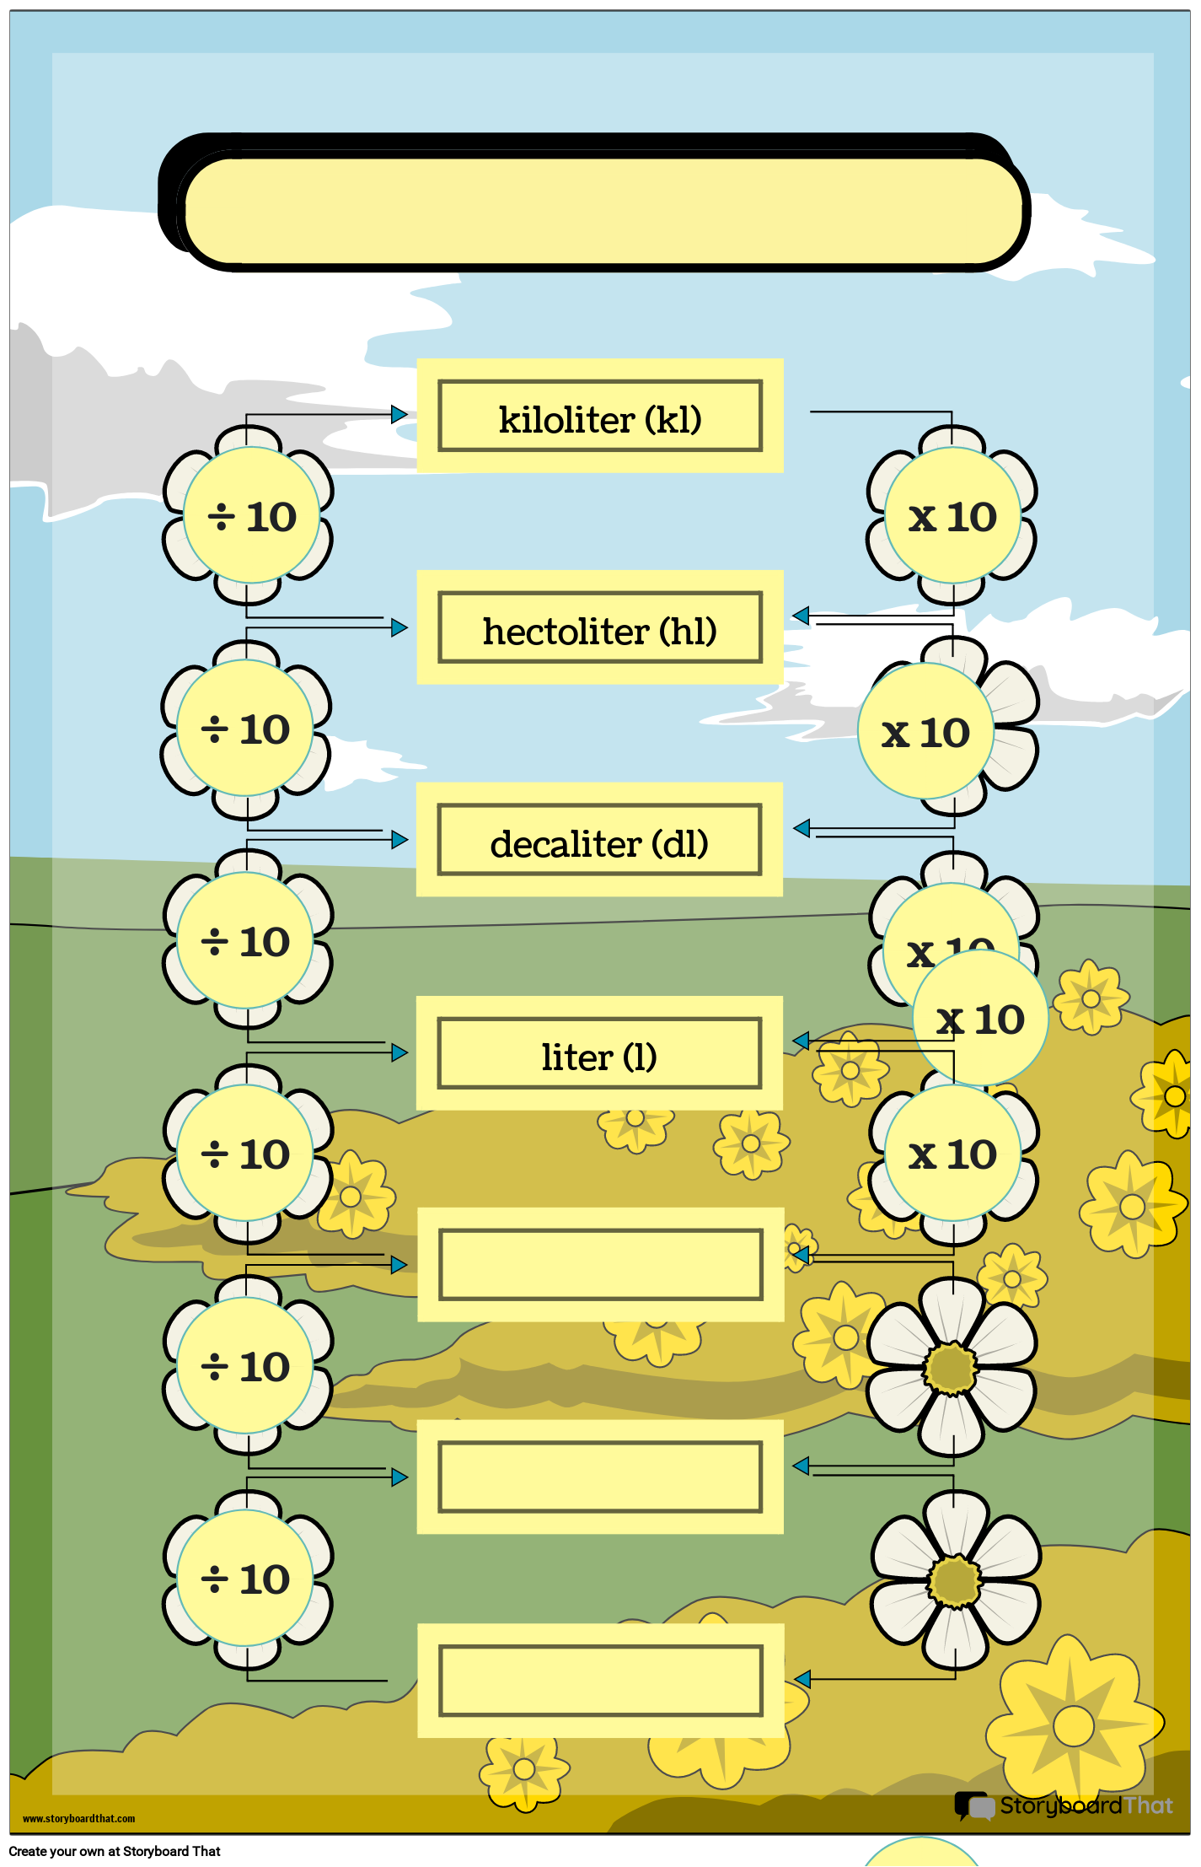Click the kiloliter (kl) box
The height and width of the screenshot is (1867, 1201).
pyautogui.click(x=600, y=417)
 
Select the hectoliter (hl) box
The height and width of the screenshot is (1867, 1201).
pyautogui.click(x=600, y=628)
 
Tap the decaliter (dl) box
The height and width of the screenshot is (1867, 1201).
pyautogui.click(x=600, y=841)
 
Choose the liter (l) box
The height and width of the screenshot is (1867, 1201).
pyautogui.click(x=600, y=1054)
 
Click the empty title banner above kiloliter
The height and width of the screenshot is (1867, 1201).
pyautogui.click(x=603, y=211)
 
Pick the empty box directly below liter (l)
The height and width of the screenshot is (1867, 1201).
pyautogui.click(x=600, y=1265)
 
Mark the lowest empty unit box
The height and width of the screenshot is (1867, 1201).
pyautogui.click(x=600, y=1681)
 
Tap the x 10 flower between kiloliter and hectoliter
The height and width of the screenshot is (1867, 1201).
pyautogui.click(x=952, y=516)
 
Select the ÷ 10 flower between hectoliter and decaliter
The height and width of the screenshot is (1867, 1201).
pyautogui.click(x=245, y=729)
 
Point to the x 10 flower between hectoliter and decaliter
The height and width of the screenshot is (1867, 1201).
pyautogui.click(x=926, y=731)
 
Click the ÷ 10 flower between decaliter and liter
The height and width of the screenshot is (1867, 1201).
pyautogui.click(x=245, y=941)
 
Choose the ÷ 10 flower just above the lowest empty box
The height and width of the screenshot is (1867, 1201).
pyautogui.click(x=245, y=1579)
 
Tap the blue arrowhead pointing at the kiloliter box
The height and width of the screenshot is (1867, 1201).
pyautogui.click(x=399, y=415)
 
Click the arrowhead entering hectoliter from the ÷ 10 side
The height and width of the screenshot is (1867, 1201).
pyautogui.click(x=399, y=627)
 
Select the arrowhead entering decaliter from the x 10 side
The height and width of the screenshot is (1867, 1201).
pyautogui.click(x=802, y=828)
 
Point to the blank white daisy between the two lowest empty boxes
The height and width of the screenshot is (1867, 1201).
pyautogui.click(x=955, y=1580)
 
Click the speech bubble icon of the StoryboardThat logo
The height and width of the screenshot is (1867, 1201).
pyautogui.click(x=973, y=1805)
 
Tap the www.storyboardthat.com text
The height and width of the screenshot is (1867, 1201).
pyautogui.click(x=78, y=1819)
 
